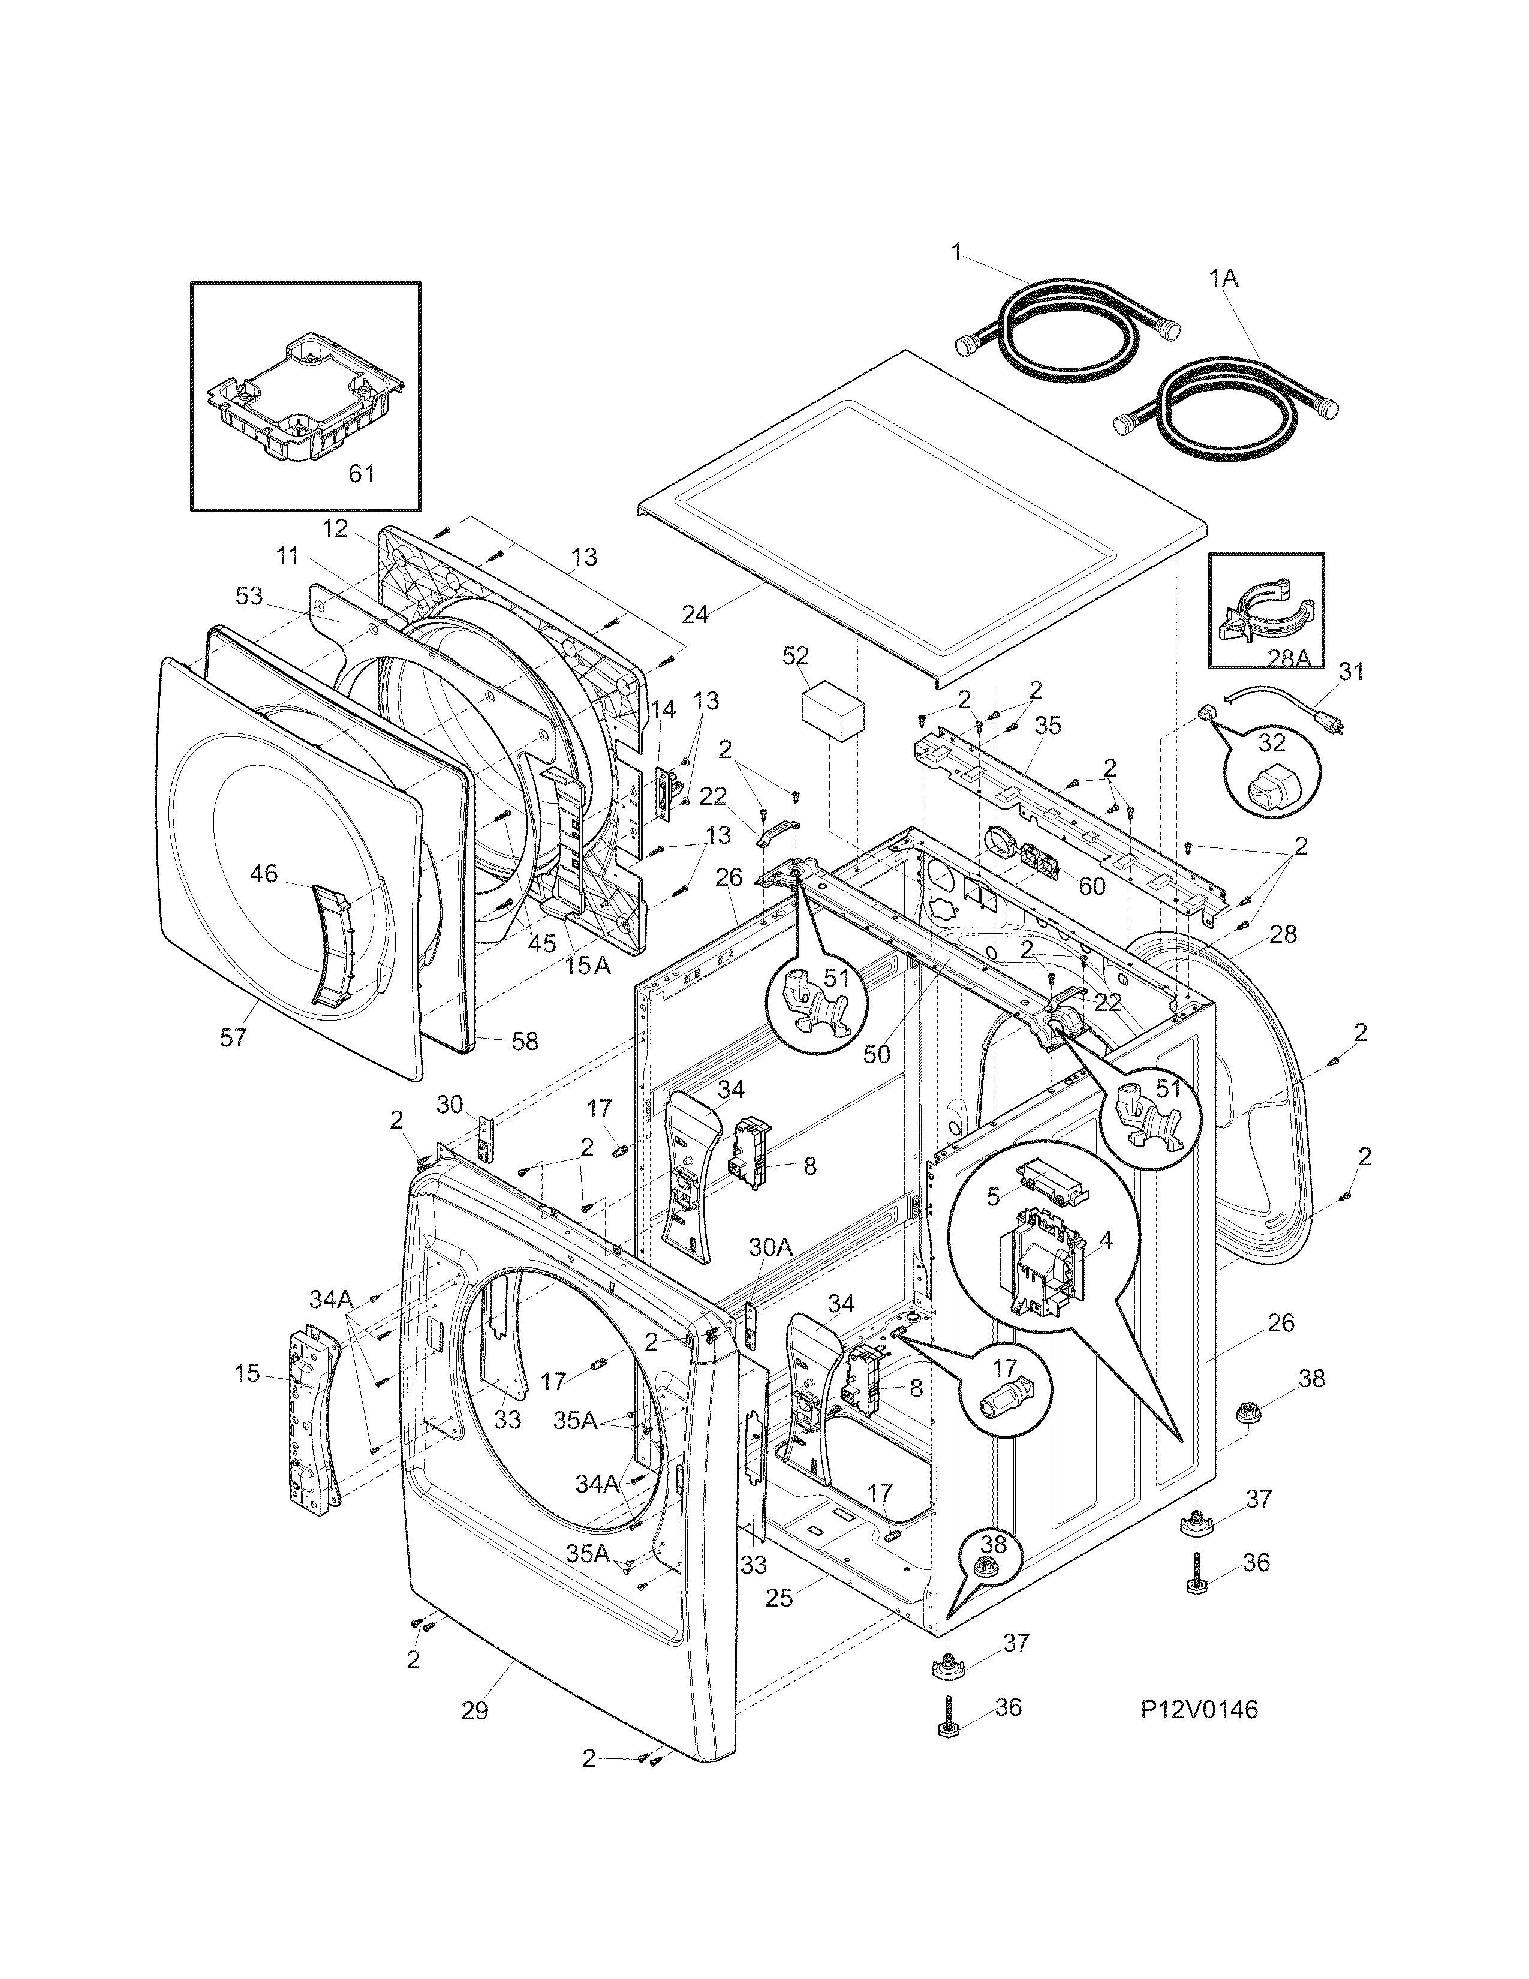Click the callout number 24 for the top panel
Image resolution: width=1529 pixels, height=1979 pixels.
click(695, 614)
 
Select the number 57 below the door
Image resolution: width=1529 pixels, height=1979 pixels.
click(233, 1037)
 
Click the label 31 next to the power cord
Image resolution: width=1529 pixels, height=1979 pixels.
click(1350, 672)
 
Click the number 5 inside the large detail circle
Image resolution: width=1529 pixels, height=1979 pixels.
click(993, 1197)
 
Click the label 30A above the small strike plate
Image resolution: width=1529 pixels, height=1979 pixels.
click(770, 1248)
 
